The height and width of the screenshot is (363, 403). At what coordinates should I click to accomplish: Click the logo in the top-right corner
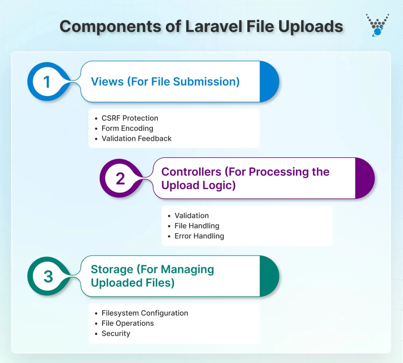tap(377, 25)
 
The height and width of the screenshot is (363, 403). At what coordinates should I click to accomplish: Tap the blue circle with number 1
tap(47, 82)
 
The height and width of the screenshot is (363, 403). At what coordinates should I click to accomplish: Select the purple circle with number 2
tap(120, 178)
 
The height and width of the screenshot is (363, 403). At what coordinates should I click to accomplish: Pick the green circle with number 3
tap(48, 276)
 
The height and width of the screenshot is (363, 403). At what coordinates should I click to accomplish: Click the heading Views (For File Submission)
tap(165, 82)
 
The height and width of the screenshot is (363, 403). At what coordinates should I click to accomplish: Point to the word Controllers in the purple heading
tap(191, 172)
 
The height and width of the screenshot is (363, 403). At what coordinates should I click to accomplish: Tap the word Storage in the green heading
tap(112, 269)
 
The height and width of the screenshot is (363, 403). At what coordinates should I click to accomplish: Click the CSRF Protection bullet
tap(130, 118)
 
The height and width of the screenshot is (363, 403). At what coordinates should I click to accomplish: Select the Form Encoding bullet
tap(127, 128)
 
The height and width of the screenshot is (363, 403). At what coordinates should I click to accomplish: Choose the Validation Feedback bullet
tap(136, 139)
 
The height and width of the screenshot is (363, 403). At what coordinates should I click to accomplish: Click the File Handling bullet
tap(197, 226)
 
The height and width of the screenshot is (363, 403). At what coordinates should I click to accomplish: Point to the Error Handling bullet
tap(199, 236)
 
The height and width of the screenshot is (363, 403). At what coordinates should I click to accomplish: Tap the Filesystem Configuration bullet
tap(145, 313)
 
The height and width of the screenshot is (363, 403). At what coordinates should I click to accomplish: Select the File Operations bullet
tap(128, 324)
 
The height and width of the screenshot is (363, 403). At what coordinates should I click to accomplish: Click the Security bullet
tap(116, 334)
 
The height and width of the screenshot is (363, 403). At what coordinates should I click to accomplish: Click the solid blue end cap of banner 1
tap(269, 82)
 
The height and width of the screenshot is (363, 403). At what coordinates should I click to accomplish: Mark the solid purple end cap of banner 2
tap(364, 178)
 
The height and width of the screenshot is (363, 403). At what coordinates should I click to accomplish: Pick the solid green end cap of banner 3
tap(269, 276)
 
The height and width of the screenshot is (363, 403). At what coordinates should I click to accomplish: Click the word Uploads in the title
tap(311, 27)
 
